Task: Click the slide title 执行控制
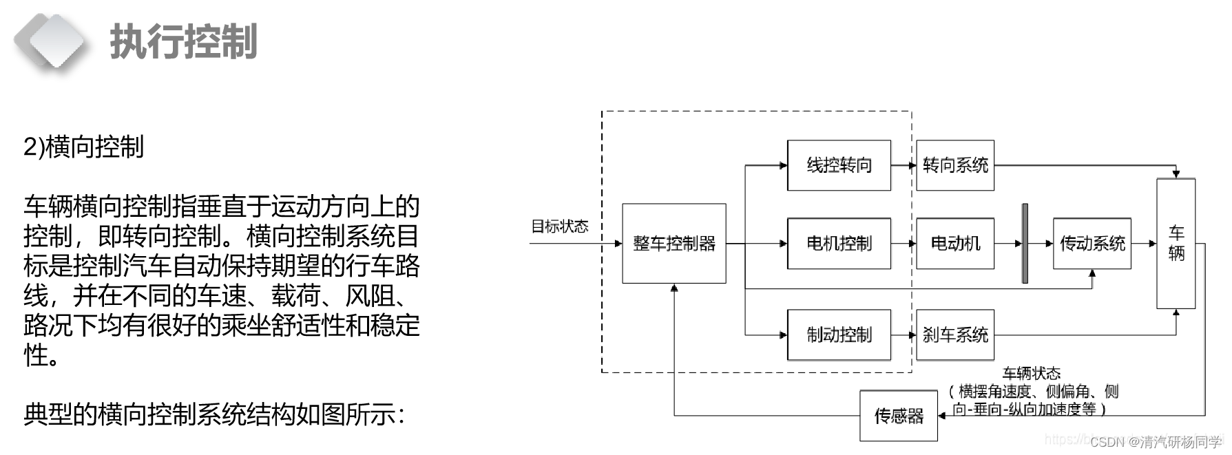click(184, 41)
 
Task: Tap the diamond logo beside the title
click(48, 41)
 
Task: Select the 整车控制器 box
click(674, 243)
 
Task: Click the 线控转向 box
click(839, 165)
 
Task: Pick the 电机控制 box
click(839, 243)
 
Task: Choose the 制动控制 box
click(839, 335)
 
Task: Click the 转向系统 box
click(955, 165)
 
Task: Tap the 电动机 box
click(955, 243)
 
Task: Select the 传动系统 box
click(1092, 243)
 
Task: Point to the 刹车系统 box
click(955, 335)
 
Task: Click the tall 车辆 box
click(1176, 243)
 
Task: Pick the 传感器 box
click(898, 416)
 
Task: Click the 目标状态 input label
click(559, 226)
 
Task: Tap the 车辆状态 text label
click(1031, 374)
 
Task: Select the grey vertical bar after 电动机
click(1025, 243)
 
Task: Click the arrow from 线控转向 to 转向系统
click(904, 165)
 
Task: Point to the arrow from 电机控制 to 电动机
click(904, 243)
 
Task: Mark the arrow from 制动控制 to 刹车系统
click(904, 335)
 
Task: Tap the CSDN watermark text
click(1155, 442)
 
